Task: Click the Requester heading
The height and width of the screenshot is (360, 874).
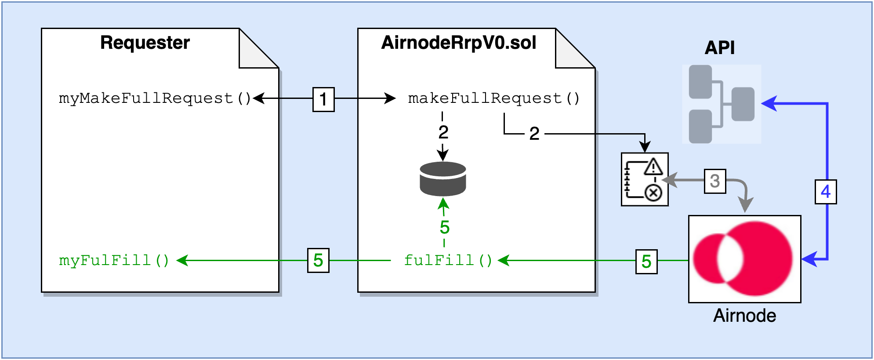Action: pos(145,43)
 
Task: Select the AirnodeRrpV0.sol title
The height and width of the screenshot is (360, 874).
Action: pos(458,43)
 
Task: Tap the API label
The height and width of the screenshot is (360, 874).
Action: pos(719,47)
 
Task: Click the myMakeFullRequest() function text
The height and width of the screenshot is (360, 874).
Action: pos(155,98)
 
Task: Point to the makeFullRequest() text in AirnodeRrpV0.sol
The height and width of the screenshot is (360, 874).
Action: pos(493,98)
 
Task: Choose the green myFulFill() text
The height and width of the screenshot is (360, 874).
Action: pos(114,260)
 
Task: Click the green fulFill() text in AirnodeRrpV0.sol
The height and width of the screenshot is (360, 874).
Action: pos(448,260)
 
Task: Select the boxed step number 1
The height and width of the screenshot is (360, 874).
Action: pos(323,99)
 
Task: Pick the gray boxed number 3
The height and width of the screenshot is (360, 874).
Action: pos(715,181)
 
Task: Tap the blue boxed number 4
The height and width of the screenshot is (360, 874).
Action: pos(826,192)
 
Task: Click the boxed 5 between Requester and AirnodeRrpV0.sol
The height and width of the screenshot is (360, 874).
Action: pos(318,260)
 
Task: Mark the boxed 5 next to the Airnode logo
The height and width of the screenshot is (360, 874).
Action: pos(646,262)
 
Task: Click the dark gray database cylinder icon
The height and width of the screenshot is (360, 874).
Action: pos(443,178)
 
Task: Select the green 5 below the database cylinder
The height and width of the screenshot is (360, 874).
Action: pos(445,227)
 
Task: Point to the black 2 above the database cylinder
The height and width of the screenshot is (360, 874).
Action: pos(443,132)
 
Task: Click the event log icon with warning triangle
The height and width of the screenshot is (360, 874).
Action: pos(645,179)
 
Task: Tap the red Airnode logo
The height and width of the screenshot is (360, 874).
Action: pos(744,259)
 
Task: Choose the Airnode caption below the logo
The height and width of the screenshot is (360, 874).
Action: pos(744,316)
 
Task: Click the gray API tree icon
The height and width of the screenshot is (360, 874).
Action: pos(722,104)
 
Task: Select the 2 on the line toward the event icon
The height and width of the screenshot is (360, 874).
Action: pos(534,133)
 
